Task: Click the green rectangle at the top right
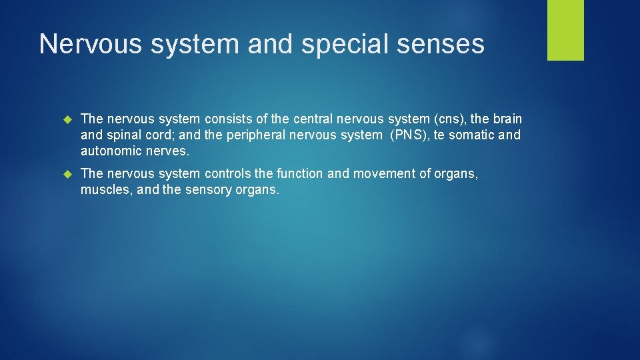(x=565, y=30)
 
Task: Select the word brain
(x=507, y=119)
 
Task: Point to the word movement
(x=382, y=174)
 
